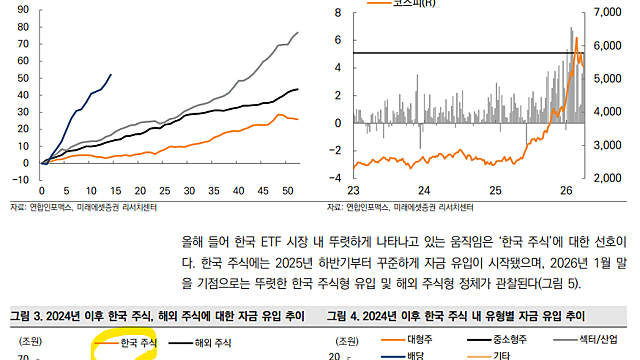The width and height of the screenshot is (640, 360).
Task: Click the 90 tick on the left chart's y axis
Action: pos(22,11)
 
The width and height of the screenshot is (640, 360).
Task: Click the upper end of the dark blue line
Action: pos(111,74)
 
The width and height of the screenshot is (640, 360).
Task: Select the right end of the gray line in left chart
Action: pos(298,33)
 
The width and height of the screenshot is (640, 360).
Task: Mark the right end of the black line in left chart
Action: pos(298,89)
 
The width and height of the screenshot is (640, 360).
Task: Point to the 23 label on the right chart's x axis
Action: pos(353,190)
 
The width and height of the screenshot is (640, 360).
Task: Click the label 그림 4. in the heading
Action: pos(344,316)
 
